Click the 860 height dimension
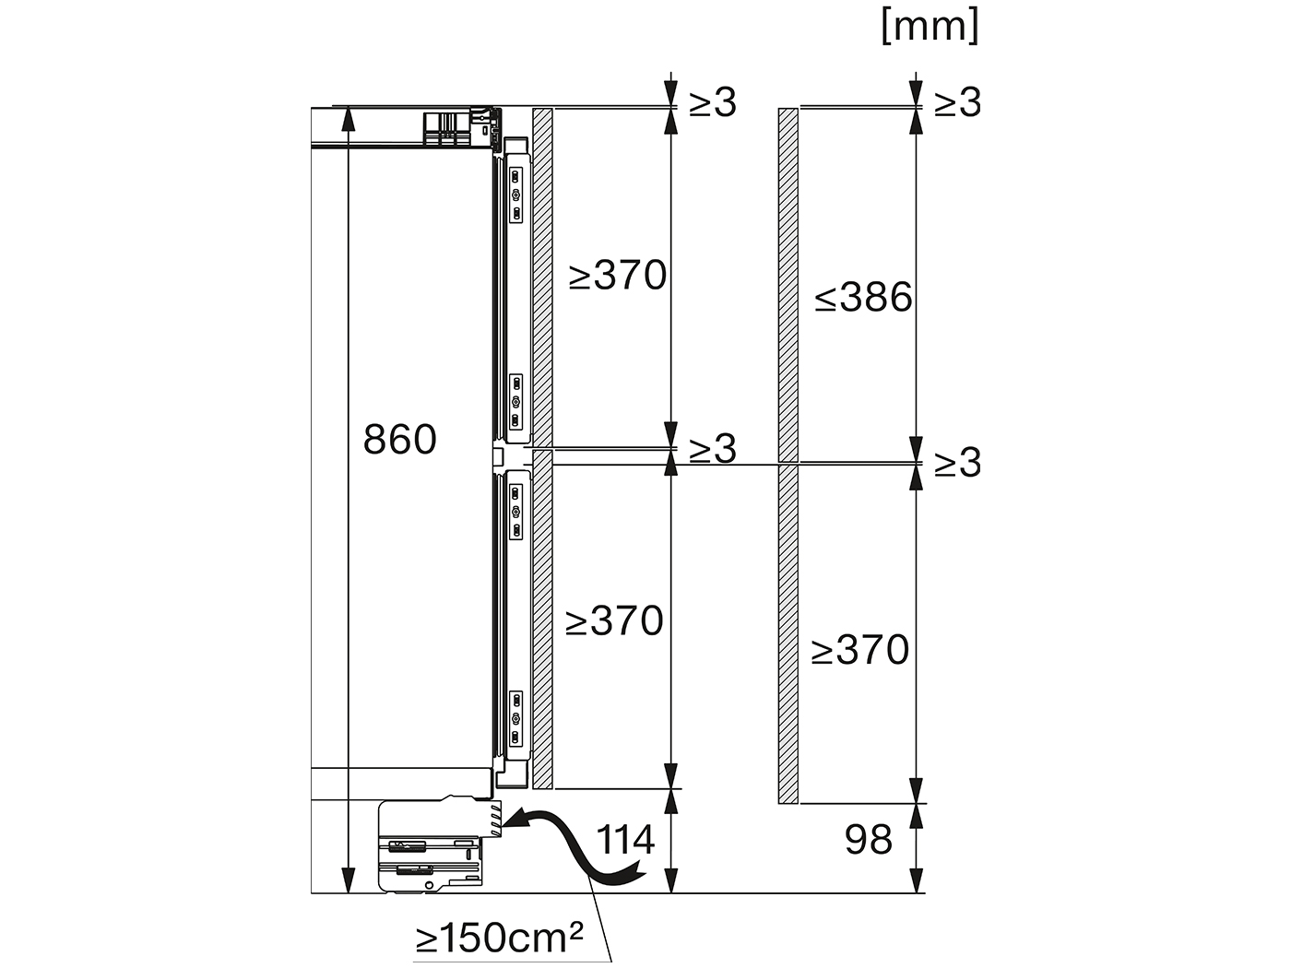(400, 440)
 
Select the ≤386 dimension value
(863, 298)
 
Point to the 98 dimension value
(869, 840)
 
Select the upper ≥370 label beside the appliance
(617, 275)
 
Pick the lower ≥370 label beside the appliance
(614, 621)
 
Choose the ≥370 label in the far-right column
(859, 650)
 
